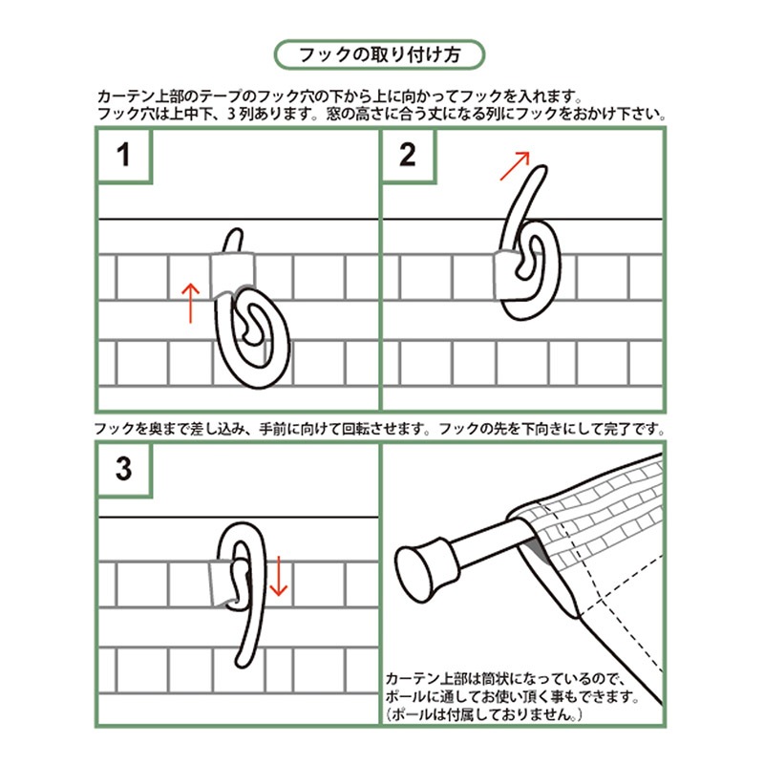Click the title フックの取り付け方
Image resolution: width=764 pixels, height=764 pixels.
tap(379, 54)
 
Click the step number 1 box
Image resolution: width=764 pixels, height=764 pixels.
tap(125, 156)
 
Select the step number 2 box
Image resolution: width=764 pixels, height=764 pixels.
tap(408, 156)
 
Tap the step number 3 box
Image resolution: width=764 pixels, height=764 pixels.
tap(125, 469)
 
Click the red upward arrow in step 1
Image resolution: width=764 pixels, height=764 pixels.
tap(190, 303)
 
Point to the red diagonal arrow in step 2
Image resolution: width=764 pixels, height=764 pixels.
tap(515, 166)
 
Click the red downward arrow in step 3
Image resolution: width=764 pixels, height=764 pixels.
tap(278, 576)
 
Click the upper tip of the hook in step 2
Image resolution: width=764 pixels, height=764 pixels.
tap(541, 169)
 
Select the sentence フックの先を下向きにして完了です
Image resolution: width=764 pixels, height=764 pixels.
tap(552, 429)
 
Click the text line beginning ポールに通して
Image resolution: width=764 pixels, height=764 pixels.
tap(512, 696)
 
